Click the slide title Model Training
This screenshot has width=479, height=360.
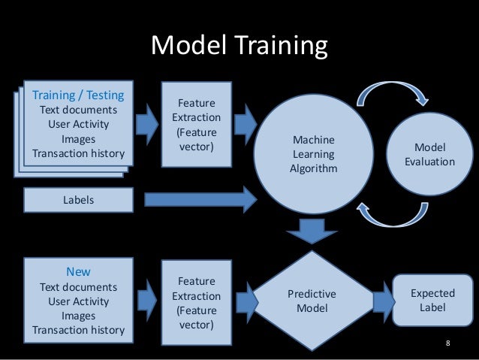(x=239, y=47)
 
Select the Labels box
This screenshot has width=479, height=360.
(x=77, y=200)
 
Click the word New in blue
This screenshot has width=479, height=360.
(x=78, y=272)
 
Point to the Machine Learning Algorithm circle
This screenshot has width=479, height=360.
(x=313, y=154)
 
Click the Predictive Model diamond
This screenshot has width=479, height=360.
(x=312, y=301)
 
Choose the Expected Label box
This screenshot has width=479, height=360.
(x=432, y=301)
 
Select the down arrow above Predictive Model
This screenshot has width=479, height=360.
(x=312, y=230)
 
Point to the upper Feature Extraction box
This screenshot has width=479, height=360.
(x=196, y=124)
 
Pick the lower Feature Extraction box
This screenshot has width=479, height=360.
(x=196, y=303)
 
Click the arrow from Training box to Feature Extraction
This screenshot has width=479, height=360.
(x=147, y=118)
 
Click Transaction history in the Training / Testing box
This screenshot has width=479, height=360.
(x=78, y=154)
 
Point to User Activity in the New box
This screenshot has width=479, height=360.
(x=78, y=301)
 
